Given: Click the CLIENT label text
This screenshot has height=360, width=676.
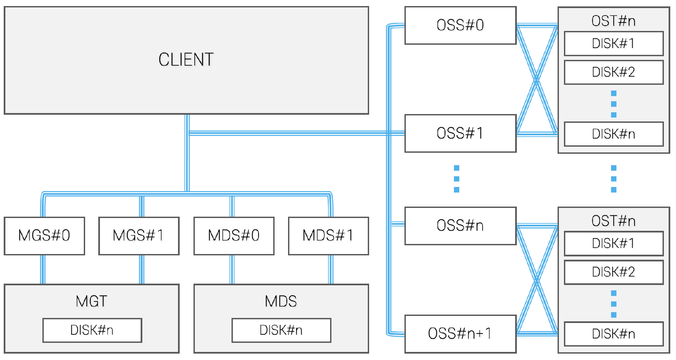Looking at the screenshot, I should pos(186,60).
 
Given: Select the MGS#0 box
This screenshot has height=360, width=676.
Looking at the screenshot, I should pos(44,236).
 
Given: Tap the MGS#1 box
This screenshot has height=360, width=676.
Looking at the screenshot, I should pos(139,236).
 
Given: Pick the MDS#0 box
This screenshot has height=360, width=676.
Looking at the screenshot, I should pos(234,236).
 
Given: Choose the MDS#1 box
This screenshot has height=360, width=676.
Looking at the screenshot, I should pos(328,236).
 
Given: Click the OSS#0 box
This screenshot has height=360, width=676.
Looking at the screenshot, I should pos(460,25).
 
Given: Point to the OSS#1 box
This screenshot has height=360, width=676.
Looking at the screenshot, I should pos(460,133).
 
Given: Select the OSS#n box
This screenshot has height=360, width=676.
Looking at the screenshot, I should pos(460,225).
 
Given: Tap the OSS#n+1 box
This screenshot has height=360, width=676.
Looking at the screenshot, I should pos(460,333).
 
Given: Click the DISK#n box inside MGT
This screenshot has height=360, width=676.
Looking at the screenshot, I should pos(92,330).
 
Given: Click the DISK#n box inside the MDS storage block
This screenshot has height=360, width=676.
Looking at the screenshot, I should pos(281,330).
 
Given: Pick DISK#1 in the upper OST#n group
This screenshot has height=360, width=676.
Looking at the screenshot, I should pos(613,43).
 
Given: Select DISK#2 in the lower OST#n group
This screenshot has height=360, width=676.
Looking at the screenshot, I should pos(613,272).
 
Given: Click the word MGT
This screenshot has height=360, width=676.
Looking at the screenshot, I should pos(92,301).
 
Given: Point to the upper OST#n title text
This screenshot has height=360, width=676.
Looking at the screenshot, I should pos(613,21).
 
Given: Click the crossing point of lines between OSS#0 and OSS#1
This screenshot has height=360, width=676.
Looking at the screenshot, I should pos(537,79).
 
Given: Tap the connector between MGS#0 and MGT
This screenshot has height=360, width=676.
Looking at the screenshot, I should pos(43,269).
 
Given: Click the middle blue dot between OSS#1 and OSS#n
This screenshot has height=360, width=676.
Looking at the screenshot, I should pos(457,179).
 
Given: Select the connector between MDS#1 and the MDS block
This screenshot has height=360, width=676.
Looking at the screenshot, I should pos(331,269).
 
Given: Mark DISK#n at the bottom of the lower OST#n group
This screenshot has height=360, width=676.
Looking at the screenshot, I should pos(613,334).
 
